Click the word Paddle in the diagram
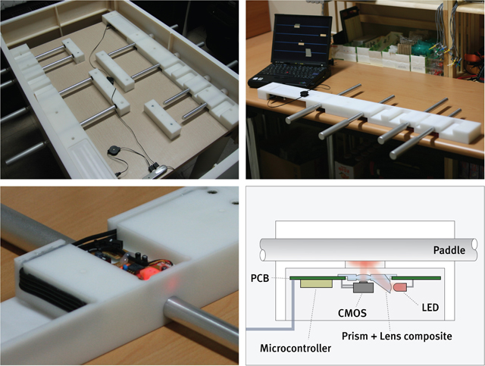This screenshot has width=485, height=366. [449, 250]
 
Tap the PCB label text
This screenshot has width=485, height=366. [260, 278]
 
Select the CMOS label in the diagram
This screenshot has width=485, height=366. [352, 313]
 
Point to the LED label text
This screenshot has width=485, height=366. [430, 308]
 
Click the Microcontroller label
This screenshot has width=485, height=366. [296, 349]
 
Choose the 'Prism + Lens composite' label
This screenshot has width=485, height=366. [397, 336]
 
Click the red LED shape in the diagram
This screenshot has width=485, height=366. [399, 287]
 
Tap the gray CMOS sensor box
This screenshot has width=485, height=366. [363, 287]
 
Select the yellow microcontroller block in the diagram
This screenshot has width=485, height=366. [316, 283]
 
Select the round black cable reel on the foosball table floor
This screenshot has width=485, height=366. [112, 152]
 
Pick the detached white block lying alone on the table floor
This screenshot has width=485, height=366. [162, 118]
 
